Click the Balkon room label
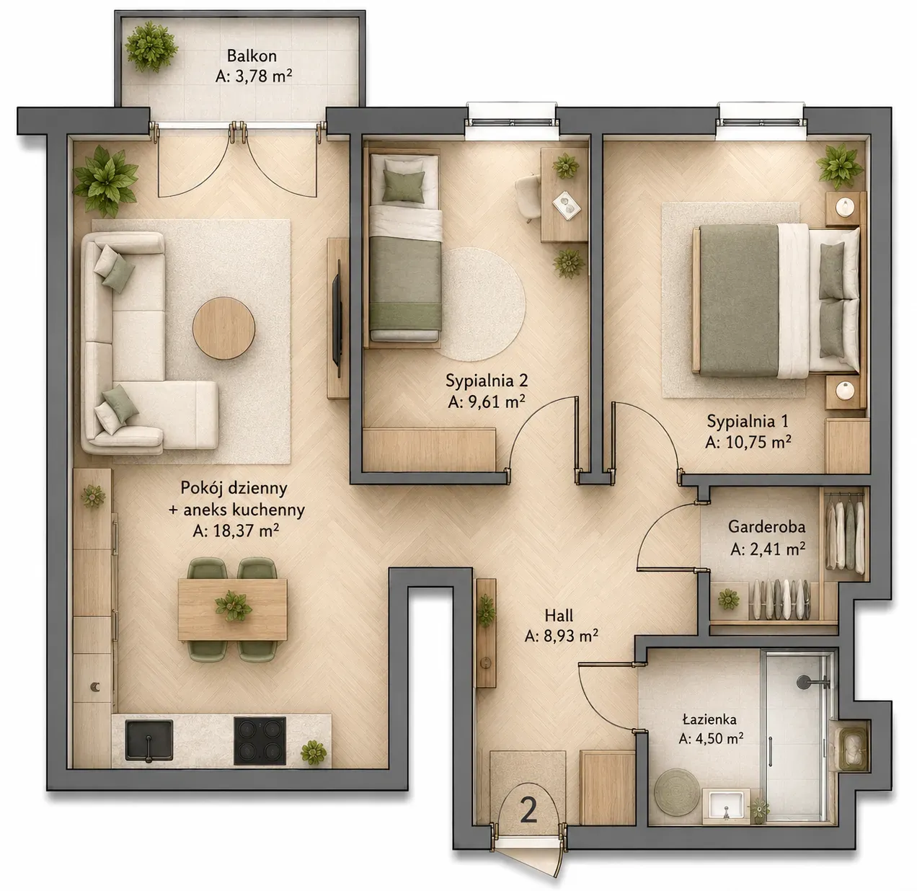(252, 56)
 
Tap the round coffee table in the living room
(223, 329)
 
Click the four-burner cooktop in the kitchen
(260, 740)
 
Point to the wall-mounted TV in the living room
(337, 319)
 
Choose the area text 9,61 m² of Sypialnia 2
(487, 402)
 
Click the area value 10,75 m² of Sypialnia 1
(748, 443)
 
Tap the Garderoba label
(766, 526)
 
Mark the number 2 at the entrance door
(529, 812)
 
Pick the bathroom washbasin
(726, 807)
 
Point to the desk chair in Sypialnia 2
(528, 197)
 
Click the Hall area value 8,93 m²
(561, 636)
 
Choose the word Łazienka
(709, 719)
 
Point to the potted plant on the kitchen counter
(314, 753)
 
